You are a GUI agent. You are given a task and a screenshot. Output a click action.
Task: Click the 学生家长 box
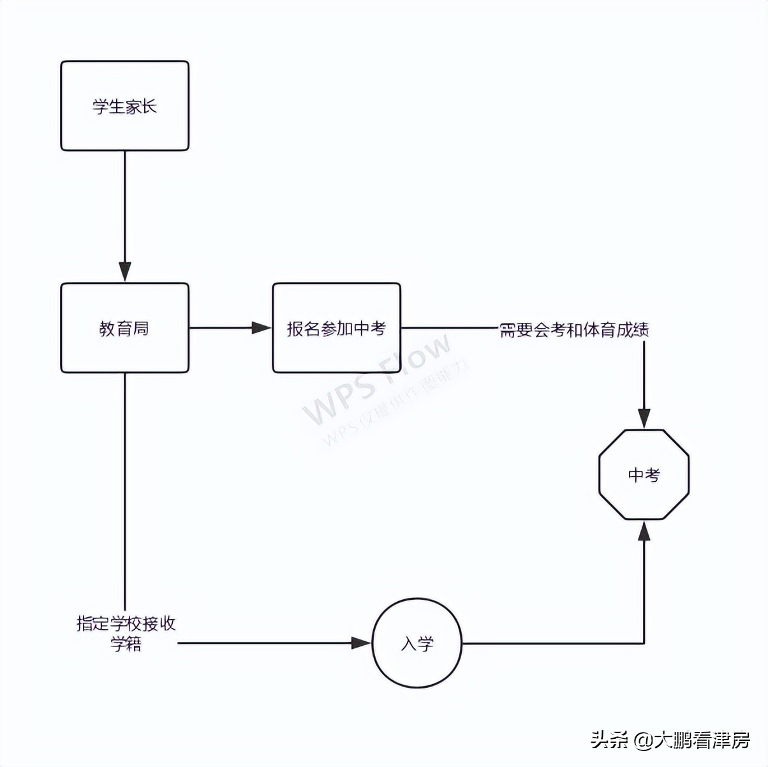[125, 106]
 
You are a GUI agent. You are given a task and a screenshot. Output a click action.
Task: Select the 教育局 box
[125, 328]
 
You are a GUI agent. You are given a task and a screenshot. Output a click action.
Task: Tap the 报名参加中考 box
[336, 328]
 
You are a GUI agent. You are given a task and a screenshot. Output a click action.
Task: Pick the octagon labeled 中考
[644, 474]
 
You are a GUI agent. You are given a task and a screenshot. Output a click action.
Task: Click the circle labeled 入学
[417, 643]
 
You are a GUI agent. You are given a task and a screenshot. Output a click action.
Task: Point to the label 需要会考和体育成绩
[574, 330]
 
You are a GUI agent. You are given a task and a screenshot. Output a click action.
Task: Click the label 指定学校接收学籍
[126, 633]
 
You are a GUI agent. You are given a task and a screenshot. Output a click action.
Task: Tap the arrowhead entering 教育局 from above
[125, 272]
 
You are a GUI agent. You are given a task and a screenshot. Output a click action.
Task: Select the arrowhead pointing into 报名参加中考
[262, 328]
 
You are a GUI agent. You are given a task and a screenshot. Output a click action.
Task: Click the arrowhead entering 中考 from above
[644, 419]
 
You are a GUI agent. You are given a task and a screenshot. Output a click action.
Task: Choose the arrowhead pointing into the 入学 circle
[361, 643]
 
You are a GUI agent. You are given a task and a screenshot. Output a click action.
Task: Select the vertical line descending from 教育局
[125, 485]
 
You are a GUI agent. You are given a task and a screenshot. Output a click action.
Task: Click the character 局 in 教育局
[142, 329]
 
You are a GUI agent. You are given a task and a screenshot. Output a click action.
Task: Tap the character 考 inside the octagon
[653, 475]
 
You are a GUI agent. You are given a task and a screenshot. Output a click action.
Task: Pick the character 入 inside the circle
[409, 644]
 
